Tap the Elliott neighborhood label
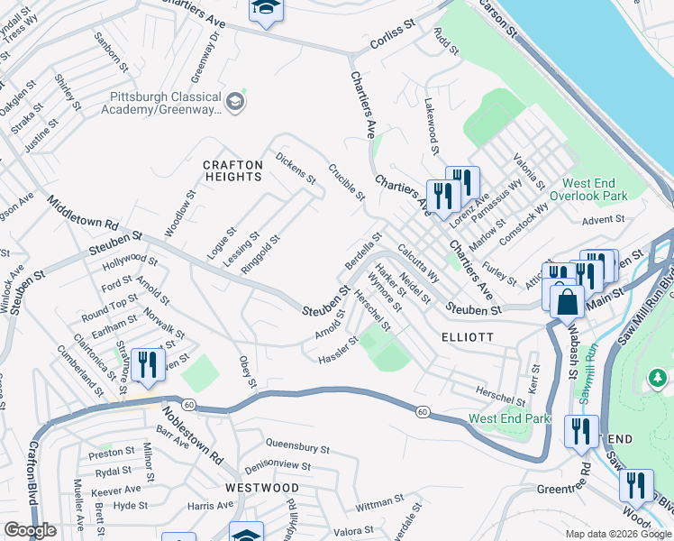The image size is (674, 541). [x=467, y=336]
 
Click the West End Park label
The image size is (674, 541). [x=508, y=419]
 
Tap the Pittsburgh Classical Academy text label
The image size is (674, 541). [x=165, y=104]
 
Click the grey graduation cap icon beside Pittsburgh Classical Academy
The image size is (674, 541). [x=235, y=100]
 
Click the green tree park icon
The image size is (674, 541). [x=657, y=374]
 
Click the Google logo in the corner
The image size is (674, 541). [x=30, y=530]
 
